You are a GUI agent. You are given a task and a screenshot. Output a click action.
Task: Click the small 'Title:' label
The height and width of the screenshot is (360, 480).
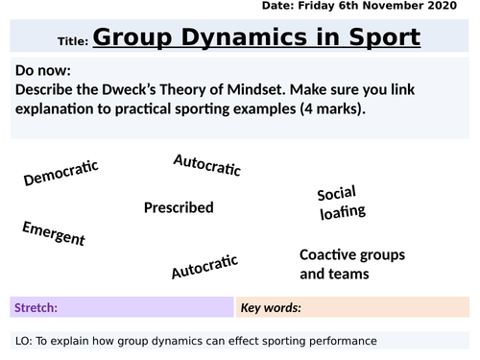click(73, 42)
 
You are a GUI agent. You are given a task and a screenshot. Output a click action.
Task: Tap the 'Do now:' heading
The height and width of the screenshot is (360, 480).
click(44, 70)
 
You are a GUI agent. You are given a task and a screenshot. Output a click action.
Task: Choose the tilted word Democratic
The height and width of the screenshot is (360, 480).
click(61, 173)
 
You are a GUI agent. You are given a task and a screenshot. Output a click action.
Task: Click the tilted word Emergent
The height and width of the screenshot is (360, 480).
click(53, 233)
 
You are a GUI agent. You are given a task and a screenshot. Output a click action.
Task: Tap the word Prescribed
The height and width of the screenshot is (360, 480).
click(178, 207)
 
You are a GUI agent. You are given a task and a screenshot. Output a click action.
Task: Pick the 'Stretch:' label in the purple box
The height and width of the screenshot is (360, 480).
click(36, 308)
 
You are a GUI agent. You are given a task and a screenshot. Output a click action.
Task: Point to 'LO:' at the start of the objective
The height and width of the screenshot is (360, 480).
click(27, 341)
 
